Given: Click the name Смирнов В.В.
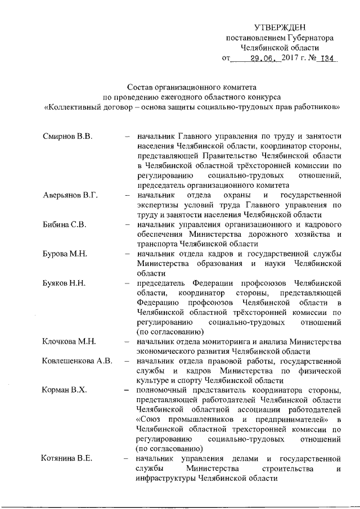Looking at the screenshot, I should point(67,136).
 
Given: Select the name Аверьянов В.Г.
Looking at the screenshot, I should point(71,195).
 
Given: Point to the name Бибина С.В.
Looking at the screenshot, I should point(64,225).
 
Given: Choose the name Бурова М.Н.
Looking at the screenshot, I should point(65,254).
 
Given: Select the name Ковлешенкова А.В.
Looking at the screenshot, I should point(78,362).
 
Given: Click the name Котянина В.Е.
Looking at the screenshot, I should point(66,458).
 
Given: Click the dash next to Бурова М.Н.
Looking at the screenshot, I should point(128,254).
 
